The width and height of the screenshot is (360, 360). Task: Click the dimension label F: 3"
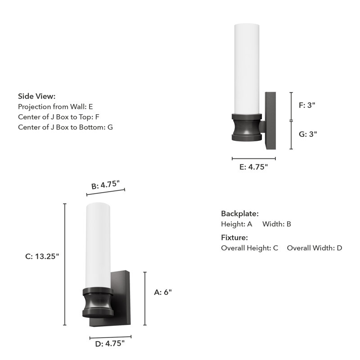(x=307, y=105)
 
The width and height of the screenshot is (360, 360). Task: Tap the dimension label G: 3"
(x=308, y=134)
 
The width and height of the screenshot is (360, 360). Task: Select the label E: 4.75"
(x=253, y=167)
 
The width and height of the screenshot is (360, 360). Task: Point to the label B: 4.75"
(x=105, y=185)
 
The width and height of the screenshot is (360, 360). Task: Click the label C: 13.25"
(x=42, y=256)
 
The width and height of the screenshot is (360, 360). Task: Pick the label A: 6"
(x=163, y=292)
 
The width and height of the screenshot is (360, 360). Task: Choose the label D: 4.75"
(x=110, y=344)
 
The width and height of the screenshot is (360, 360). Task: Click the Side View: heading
(x=37, y=96)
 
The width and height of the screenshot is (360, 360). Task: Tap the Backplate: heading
(x=239, y=214)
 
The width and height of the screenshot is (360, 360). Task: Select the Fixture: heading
(x=234, y=238)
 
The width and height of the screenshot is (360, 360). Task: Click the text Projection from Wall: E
(x=55, y=107)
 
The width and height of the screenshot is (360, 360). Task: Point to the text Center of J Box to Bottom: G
(x=65, y=127)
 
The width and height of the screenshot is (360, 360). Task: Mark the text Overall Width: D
(x=315, y=248)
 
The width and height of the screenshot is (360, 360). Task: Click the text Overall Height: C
(x=249, y=248)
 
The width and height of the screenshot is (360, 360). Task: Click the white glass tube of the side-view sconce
(x=247, y=67)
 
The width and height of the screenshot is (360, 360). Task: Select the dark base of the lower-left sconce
(x=98, y=302)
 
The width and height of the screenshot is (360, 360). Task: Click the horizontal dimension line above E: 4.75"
(x=254, y=158)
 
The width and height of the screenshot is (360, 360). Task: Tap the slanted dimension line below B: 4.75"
(x=105, y=192)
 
